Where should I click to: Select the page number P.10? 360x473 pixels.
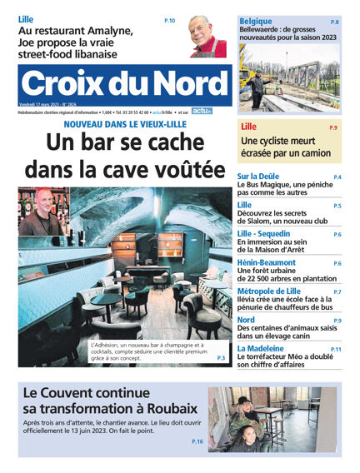tap(169, 19)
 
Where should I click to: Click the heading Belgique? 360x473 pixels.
tap(256, 21)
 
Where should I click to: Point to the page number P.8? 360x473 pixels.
tap(334, 22)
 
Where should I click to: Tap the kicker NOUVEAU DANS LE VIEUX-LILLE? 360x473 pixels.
tap(125, 124)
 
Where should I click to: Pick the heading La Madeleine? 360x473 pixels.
tap(266, 349)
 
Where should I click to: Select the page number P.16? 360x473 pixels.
tap(197, 441)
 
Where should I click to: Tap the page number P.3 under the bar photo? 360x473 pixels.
tap(221, 358)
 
